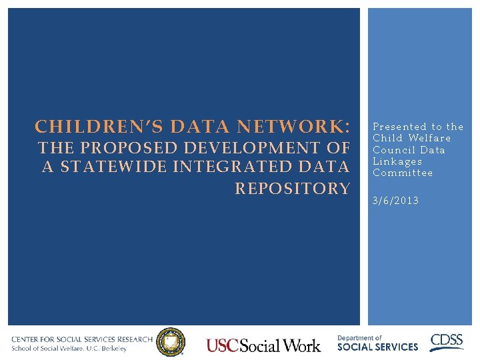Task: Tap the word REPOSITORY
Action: point(292,189)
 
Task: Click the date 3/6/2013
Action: point(396,200)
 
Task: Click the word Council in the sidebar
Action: point(394,150)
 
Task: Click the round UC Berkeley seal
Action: point(171,343)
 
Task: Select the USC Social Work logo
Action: point(263,345)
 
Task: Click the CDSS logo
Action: point(447,342)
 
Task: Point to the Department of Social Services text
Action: point(377,343)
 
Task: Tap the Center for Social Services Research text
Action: point(81,339)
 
